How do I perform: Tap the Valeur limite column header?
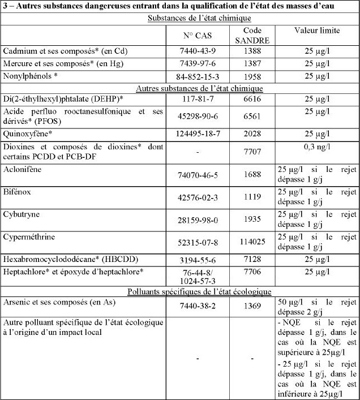[316, 30]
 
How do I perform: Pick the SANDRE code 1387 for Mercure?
[252, 63]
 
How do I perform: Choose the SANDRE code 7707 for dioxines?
[252, 153]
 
